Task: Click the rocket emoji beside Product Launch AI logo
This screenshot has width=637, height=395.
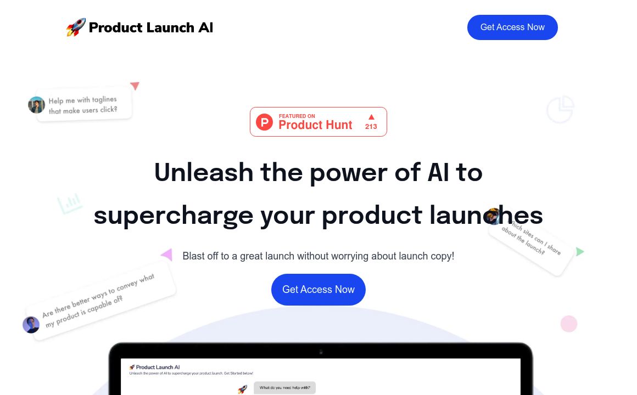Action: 76,27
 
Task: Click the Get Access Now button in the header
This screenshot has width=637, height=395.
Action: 512,27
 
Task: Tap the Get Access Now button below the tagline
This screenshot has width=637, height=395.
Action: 318,290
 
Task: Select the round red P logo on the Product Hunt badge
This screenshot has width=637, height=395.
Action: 264,122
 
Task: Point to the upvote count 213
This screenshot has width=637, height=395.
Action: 371,127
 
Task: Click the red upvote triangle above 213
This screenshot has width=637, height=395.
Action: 371,116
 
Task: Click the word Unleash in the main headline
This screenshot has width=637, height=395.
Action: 204,173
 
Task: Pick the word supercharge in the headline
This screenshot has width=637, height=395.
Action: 174,215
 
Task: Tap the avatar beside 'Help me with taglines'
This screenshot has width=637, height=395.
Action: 37,105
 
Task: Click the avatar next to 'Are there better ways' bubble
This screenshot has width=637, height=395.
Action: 31,325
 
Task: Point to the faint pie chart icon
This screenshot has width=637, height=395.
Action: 560,110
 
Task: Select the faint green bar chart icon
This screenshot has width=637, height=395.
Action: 70,204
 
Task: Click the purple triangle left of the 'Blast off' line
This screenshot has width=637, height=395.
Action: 166,255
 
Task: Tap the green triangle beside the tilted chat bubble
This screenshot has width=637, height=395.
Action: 580,252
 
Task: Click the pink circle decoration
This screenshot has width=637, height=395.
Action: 569,324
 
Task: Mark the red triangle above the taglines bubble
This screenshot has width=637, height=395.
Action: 135,86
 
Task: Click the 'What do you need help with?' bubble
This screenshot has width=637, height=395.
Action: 284,388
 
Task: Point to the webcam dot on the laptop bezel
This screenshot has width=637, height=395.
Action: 321,352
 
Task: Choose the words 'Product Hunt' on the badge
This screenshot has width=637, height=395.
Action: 315,125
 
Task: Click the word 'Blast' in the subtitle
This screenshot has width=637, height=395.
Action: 194,256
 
